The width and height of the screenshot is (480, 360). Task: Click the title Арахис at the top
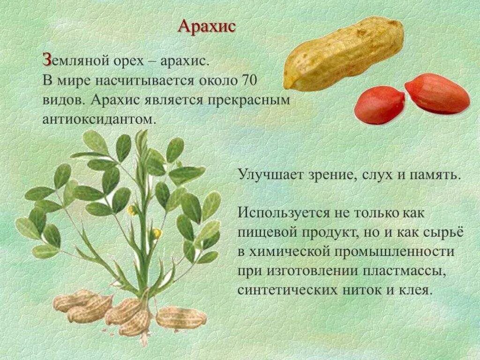tap(206, 26)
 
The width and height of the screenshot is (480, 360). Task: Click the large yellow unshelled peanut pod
tap(344, 52)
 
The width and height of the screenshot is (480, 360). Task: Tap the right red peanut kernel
tap(436, 93)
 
